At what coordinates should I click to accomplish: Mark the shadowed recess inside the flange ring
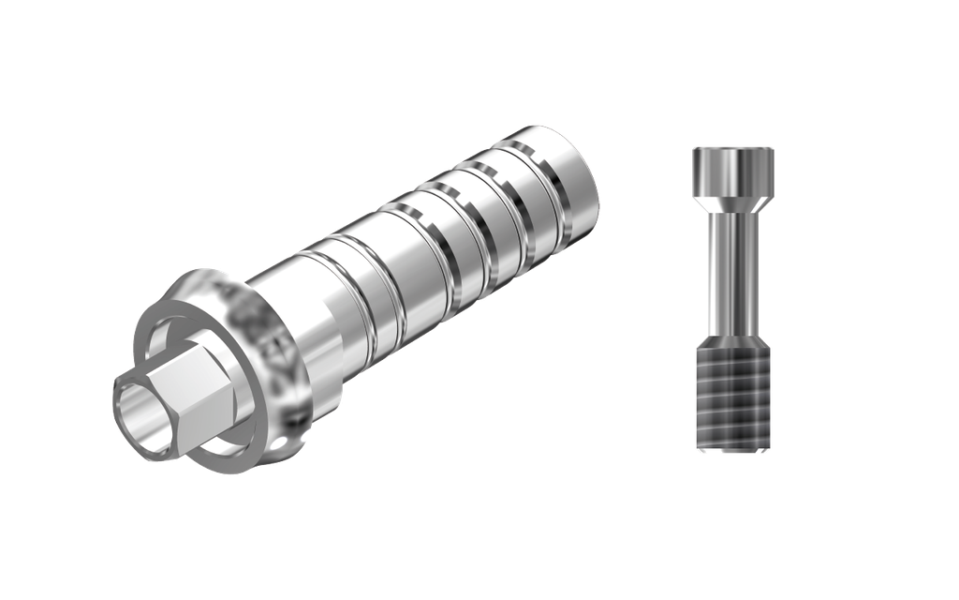pos(173,333)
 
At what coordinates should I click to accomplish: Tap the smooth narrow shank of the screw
pos(732,272)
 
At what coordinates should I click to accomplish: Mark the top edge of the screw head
pos(732,147)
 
